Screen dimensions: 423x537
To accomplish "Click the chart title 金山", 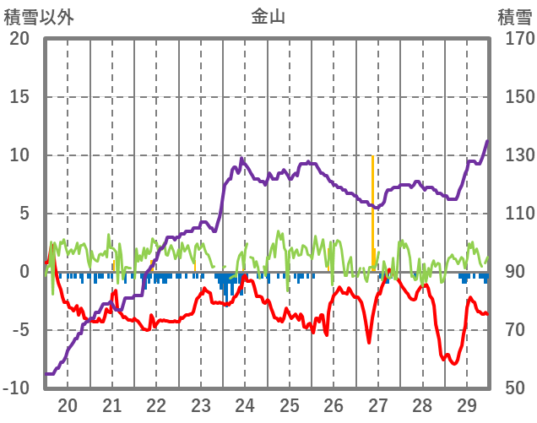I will coord(268,15).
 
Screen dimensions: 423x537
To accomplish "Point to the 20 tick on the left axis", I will coord(19,39).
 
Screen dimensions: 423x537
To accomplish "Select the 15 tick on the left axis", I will coord(19,97).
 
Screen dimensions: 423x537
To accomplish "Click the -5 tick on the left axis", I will coord(19,330).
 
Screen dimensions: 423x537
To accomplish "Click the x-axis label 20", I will coord(68,404).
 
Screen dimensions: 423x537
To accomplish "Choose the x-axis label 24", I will coord(245,404).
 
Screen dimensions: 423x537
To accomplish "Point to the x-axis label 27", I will coord(377,404).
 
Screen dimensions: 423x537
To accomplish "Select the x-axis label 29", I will coord(466,404).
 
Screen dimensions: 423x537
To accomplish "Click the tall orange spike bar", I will coord(372,211).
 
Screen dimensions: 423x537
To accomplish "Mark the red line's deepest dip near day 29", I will coord(454,363).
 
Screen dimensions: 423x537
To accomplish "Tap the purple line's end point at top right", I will coord(487,141).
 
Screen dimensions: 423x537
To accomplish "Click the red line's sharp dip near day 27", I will coord(369,341).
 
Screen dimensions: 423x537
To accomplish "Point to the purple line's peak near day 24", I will coord(241,158).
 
